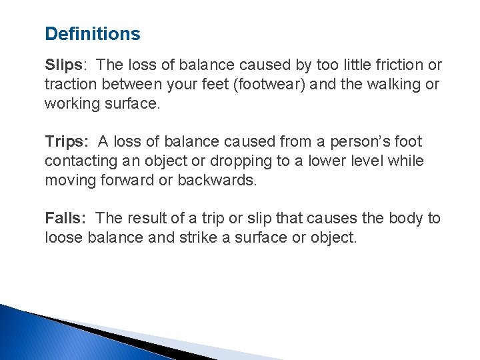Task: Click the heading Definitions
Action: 92,34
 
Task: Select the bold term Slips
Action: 62,65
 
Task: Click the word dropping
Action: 232,161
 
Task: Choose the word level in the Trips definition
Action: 361,161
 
